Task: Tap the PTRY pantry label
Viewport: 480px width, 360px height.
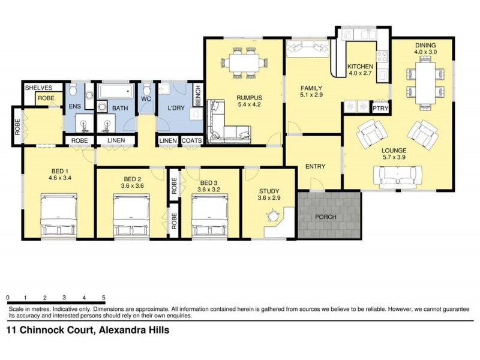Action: (380, 109)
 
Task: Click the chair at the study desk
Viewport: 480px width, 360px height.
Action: (274, 215)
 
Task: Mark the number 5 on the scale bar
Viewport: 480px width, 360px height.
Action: (104, 298)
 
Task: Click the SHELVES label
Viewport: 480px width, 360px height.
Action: (39, 88)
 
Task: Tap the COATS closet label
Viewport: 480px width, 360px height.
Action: (192, 140)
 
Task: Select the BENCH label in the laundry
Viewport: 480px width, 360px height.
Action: (197, 95)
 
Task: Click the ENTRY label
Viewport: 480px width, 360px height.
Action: (315, 166)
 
